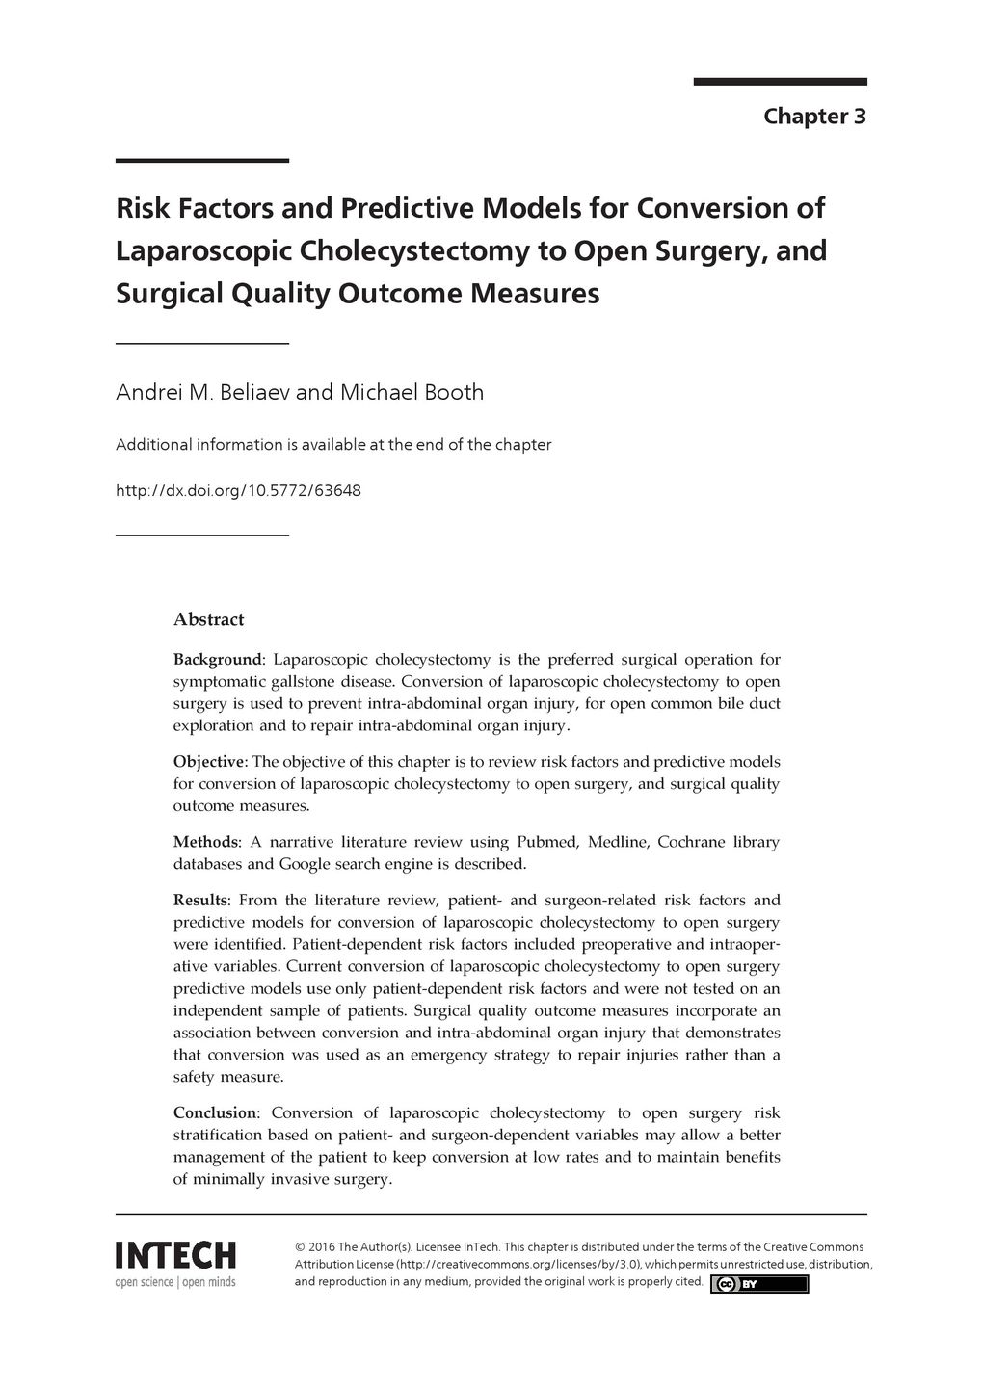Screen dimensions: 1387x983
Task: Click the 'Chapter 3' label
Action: click(814, 117)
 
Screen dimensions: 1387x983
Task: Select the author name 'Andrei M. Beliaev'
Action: click(202, 393)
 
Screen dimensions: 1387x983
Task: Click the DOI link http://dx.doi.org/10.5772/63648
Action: click(238, 491)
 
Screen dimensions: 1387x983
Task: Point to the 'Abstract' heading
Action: click(208, 619)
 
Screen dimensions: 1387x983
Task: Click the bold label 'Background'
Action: click(217, 660)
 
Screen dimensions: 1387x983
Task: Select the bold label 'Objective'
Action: click(210, 762)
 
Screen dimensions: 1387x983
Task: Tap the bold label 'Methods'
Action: click(206, 842)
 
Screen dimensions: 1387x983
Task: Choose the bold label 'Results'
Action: click(200, 901)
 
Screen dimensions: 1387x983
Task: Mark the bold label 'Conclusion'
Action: click(215, 1113)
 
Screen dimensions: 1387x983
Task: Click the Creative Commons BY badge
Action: click(759, 1284)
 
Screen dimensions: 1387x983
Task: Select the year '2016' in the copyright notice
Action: click(322, 1246)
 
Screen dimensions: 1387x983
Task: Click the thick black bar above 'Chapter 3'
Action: click(780, 82)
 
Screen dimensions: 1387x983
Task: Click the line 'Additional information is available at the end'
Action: click(333, 445)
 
